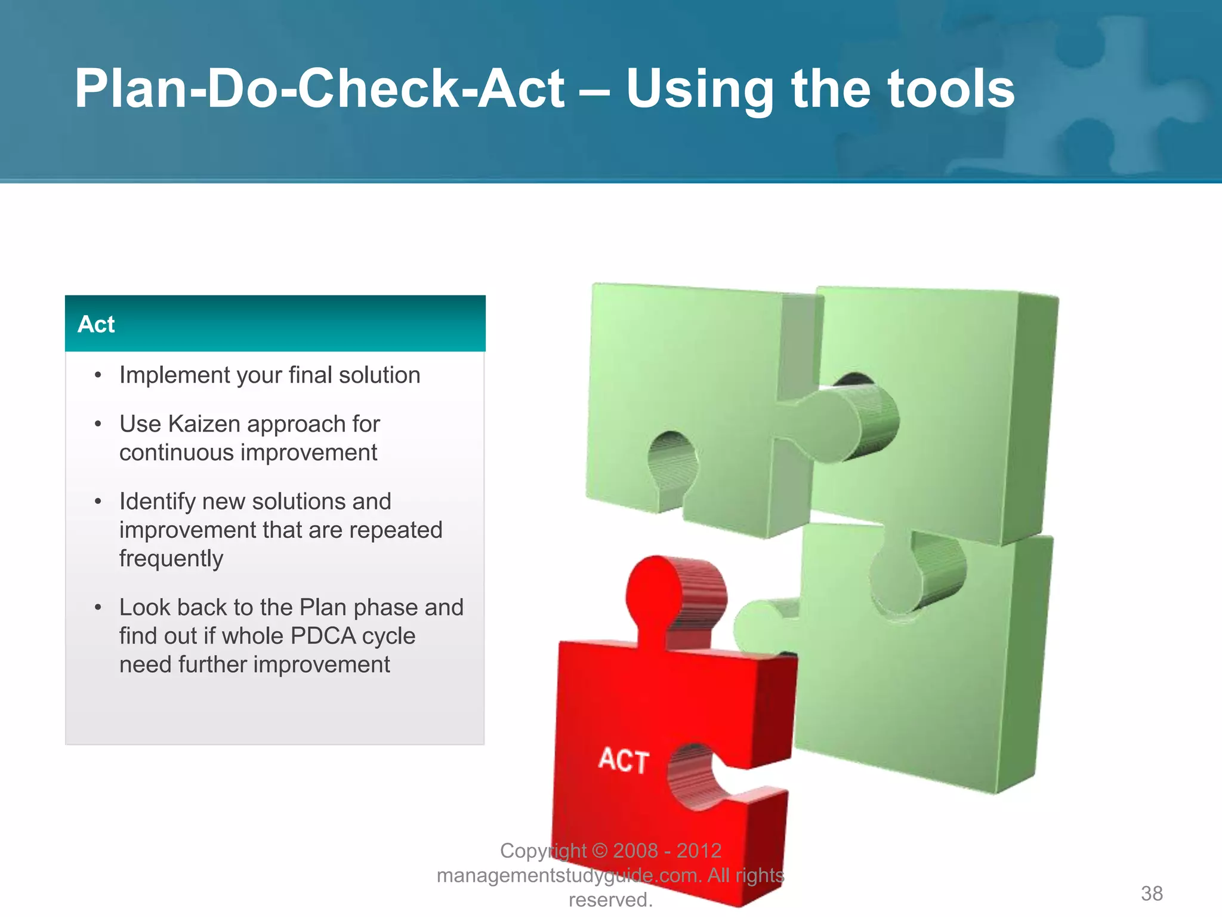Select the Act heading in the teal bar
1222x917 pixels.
click(96, 324)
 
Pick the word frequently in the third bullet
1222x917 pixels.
click(171, 559)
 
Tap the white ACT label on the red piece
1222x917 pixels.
click(624, 760)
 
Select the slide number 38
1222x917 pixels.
click(1152, 894)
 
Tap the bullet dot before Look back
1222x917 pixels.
click(98, 608)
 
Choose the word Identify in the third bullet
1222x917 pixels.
click(157, 502)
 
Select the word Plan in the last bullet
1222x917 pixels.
click(323, 608)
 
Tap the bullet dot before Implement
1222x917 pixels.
click(98, 376)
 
